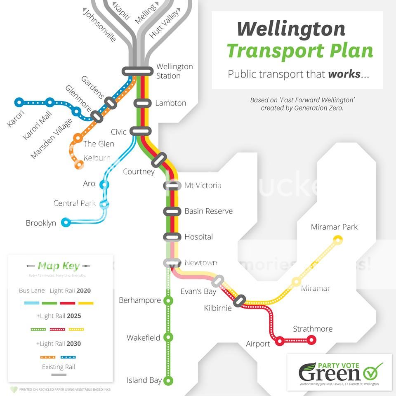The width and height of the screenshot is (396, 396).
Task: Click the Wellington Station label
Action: point(174,71)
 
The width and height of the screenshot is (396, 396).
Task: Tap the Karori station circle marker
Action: point(19,102)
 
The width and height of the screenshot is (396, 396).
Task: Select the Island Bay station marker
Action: point(168,380)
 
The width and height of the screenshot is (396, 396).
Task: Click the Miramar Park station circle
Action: point(338,239)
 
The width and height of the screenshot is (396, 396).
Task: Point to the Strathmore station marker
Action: point(311,340)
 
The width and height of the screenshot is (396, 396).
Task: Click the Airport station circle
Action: point(280,340)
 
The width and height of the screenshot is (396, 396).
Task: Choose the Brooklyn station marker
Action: point(65,223)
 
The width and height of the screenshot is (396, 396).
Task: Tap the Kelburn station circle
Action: point(78,164)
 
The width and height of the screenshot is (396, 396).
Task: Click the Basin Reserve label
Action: point(208,211)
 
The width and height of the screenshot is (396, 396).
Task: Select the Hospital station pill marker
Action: point(172,237)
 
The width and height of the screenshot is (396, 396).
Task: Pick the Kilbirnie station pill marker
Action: point(240,301)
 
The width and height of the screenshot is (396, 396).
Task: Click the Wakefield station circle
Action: point(168,337)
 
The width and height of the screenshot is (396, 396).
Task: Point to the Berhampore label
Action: point(139,300)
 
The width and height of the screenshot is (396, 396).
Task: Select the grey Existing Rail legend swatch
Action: point(59,375)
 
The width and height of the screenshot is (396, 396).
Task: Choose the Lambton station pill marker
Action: point(141,103)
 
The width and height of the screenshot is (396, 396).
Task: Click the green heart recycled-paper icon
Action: point(14,389)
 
